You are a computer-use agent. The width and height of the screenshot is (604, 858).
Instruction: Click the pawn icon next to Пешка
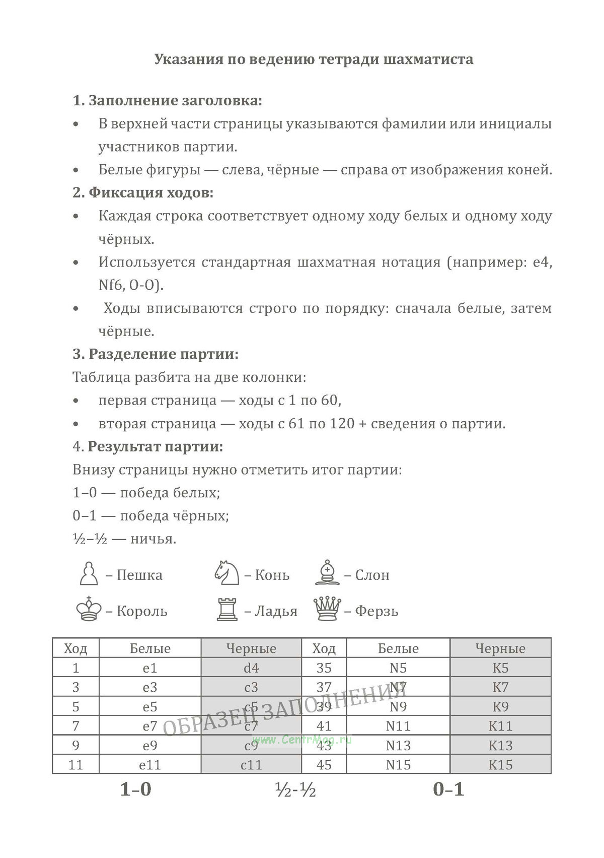89,573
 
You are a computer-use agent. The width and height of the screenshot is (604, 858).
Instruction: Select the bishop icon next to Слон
327,572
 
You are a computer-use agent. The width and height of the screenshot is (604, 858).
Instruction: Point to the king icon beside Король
89,609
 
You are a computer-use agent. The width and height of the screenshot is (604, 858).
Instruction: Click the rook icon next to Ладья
227,609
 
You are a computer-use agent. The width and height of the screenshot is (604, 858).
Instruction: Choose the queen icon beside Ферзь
327,609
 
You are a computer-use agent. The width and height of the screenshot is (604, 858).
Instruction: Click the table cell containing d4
251,668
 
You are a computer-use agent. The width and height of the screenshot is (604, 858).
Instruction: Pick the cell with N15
398,765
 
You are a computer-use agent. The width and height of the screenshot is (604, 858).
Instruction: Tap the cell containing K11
500,726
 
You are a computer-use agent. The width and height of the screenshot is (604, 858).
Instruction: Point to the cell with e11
150,765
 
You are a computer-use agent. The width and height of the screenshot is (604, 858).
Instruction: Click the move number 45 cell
324,765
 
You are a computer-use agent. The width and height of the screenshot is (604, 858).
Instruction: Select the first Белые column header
150,648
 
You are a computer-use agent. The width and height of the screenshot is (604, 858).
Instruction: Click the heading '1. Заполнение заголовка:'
168,101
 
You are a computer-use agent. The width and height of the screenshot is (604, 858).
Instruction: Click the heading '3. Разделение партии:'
156,354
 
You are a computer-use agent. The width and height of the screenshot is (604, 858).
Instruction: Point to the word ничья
154,539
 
